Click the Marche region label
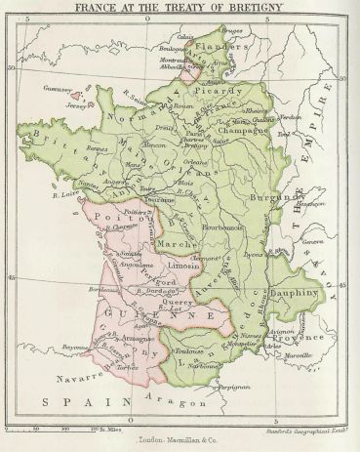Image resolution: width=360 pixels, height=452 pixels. (x=173, y=244)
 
